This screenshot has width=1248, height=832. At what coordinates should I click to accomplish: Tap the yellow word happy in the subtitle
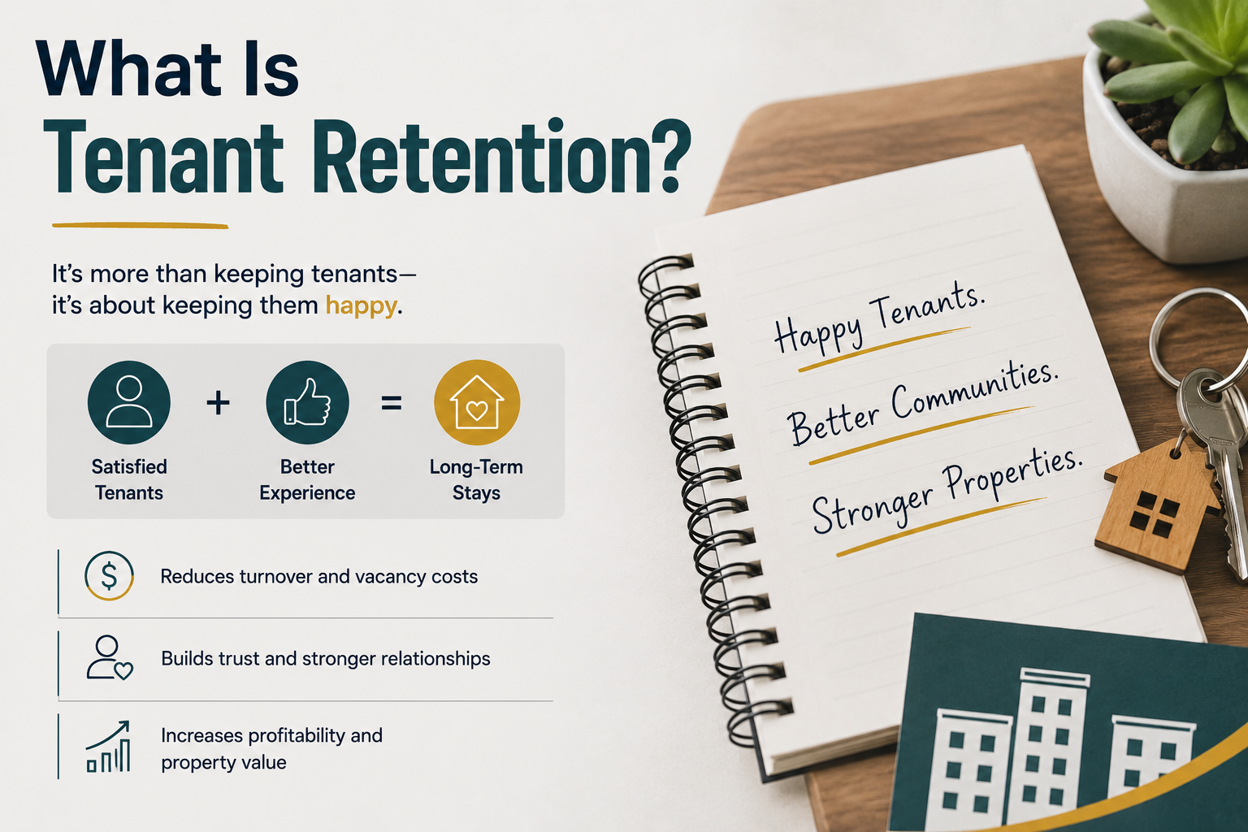tap(361, 306)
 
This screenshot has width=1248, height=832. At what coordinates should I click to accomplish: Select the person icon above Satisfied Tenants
tap(128, 402)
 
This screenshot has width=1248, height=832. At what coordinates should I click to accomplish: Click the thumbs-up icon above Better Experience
tap(308, 402)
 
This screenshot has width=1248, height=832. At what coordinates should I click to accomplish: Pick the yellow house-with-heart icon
tap(477, 402)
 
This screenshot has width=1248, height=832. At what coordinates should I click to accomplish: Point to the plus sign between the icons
tap(218, 403)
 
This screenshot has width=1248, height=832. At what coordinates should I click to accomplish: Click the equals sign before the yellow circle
tap(391, 403)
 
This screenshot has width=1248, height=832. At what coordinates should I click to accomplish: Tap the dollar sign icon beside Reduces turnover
tap(109, 576)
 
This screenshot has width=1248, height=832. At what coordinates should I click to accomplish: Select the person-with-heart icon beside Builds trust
tap(109, 658)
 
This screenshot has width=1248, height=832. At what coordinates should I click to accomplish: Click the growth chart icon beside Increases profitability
tap(108, 747)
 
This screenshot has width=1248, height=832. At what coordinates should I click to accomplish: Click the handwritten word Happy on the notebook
tap(819, 331)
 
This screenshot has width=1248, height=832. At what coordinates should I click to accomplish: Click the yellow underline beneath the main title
tap(141, 226)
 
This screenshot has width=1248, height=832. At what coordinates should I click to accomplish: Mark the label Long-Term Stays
tap(476, 480)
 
